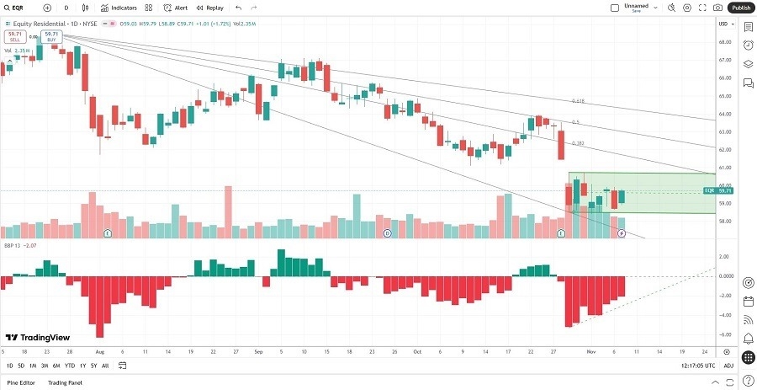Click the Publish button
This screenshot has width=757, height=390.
click(740, 8)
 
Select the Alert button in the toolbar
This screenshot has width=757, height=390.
click(176, 8)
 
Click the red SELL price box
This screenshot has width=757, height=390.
click(14, 36)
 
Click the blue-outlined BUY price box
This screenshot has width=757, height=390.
click(51, 36)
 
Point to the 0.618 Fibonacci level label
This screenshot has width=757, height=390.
click(578, 101)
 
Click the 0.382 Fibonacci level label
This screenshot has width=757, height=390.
click(578, 143)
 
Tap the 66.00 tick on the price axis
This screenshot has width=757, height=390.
click(723, 78)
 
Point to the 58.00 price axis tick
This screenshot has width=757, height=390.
click(723, 222)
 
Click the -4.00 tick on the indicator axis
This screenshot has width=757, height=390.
click(723, 316)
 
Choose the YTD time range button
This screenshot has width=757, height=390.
click(70, 366)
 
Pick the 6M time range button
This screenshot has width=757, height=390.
click(56, 366)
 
